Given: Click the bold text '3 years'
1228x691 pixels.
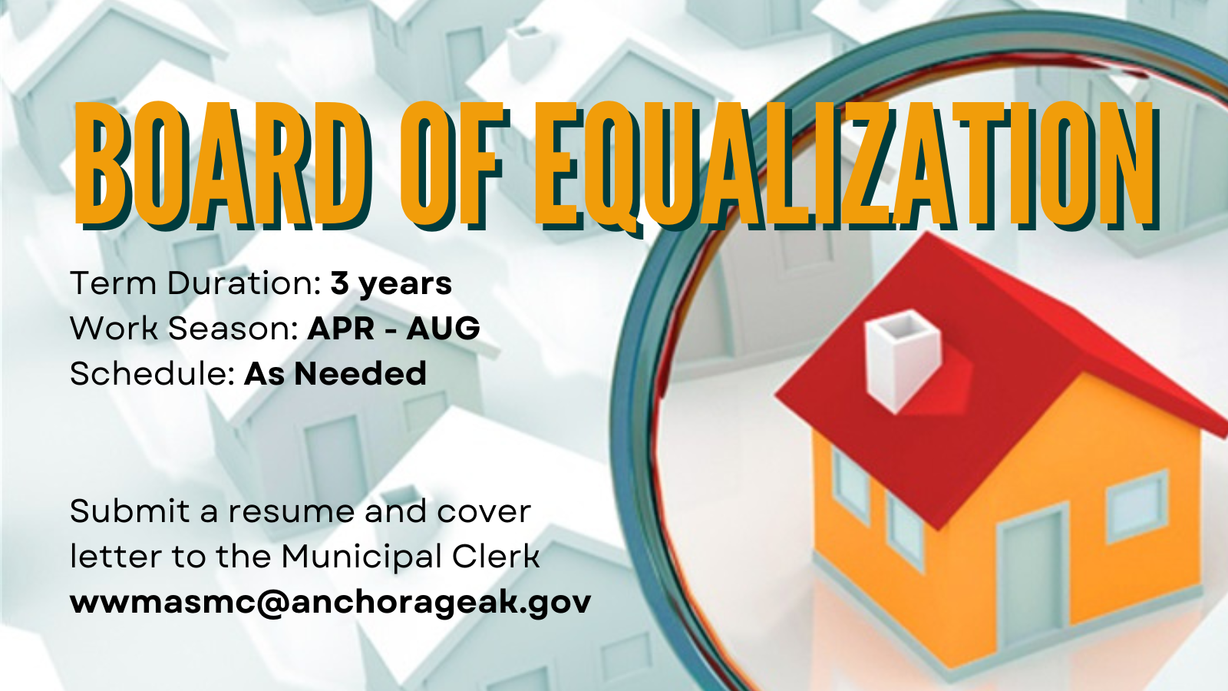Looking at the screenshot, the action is coord(391,284).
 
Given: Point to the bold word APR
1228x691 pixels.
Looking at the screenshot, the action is coord(341,328).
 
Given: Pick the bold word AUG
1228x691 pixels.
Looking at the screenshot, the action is coord(443,328).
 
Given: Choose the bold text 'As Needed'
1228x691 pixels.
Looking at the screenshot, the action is coord(335,373).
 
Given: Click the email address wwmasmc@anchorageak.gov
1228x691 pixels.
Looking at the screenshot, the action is coord(331,603).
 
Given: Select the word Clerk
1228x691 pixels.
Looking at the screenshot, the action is coord(496,556).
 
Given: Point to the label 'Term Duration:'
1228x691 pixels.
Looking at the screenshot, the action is coord(195,283).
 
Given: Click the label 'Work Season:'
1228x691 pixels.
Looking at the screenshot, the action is coord(183,328).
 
